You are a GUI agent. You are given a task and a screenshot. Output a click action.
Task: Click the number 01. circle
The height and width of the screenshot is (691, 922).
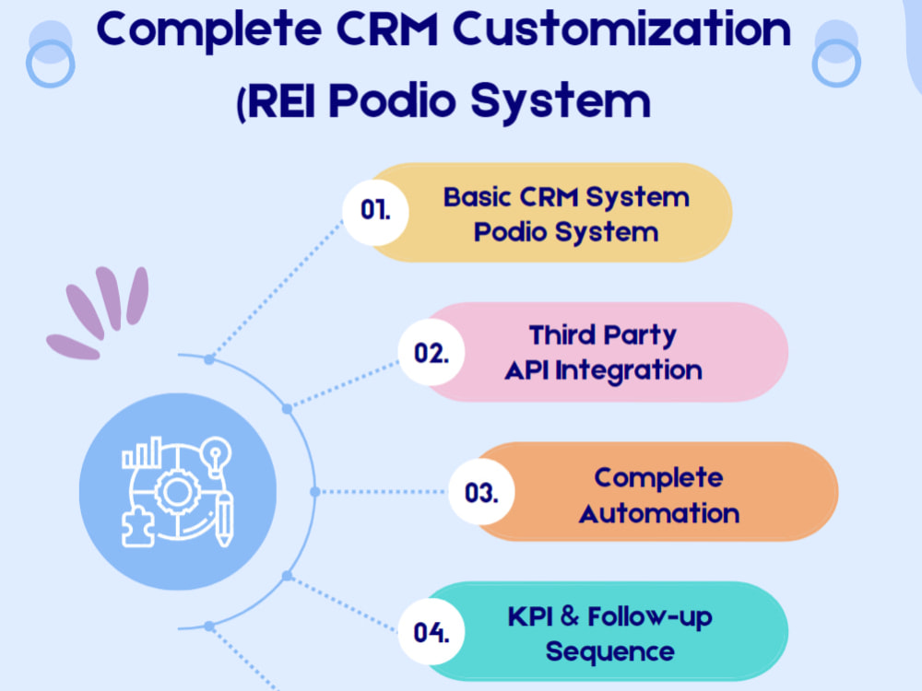[x=376, y=212]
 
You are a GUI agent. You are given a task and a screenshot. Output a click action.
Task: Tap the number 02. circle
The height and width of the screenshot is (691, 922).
[x=431, y=352]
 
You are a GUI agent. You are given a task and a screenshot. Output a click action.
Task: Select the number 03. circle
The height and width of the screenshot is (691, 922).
[x=481, y=492]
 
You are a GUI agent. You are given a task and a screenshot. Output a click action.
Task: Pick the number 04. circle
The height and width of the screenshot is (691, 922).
[x=431, y=632]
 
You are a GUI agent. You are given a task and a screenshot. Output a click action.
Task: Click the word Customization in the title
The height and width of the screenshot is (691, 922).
[x=621, y=30]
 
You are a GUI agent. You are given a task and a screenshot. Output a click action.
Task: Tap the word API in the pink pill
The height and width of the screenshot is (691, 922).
[x=526, y=370]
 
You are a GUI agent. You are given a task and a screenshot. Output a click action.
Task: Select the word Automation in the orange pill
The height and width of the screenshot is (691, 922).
[x=659, y=513]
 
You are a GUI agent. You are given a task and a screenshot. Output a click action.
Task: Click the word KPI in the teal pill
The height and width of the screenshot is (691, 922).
[x=530, y=617]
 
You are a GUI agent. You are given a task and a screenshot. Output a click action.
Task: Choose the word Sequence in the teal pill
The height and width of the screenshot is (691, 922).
[x=609, y=652]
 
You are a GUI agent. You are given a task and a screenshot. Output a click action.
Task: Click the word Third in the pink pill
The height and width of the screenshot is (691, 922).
[x=562, y=335]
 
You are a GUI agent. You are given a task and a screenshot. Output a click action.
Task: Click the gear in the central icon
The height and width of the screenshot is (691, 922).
[x=176, y=491]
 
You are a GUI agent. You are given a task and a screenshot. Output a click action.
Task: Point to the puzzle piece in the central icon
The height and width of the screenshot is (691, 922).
[x=137, y=528]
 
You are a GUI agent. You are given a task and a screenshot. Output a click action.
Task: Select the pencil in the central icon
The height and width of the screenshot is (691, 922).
[x=224, y=519]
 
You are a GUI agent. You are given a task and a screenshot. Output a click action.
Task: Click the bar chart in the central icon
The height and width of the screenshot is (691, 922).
[x=142, y=452]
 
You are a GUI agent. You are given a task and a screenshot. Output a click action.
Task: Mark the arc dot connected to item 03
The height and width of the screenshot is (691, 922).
[x=315, y=492]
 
